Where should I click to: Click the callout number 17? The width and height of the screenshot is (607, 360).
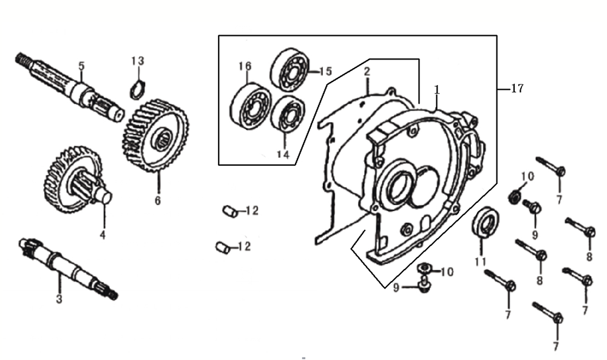[x=517, y=89]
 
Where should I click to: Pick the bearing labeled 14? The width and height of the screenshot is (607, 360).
[x=288, y=113]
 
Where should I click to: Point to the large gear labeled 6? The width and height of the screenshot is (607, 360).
[x=155, y=135]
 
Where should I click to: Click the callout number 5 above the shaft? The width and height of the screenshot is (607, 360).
[x=81, y=66]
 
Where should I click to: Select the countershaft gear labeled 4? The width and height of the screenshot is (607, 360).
[x=78, y=180]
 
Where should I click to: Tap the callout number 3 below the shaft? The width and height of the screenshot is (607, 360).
[x=59, y=299]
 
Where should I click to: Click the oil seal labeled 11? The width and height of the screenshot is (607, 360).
[x=486, y=222]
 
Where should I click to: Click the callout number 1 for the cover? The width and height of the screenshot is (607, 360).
[x=437, y=89]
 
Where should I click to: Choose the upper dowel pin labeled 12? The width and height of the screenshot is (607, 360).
[x=229, y=211]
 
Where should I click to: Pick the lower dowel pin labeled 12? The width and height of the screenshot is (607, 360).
[x=222, y=247]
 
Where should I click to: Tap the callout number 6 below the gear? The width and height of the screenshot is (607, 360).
[x=158, y=200]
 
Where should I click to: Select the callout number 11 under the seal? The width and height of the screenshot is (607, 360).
[x=480, y=262]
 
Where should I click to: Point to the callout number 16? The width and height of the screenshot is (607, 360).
[x=245, y=66]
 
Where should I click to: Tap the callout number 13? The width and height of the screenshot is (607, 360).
[x=137, y=61]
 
